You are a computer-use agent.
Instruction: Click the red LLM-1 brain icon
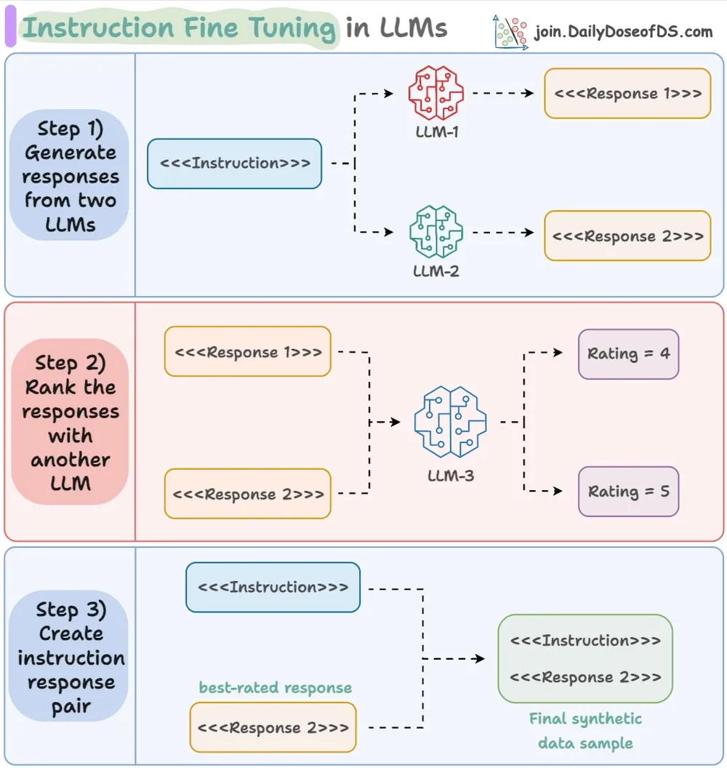click(435, 93)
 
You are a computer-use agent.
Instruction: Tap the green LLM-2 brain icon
click(435, 232)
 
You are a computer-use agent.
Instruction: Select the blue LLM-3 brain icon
click(450, 422)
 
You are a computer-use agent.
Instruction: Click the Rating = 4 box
click(628, 353)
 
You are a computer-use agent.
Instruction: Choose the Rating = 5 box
click(628, 491)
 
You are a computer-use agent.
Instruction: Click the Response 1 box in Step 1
click(627, 93)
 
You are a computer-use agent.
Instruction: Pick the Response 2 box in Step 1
click(627, 236)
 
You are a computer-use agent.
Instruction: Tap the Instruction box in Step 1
click(235, 164)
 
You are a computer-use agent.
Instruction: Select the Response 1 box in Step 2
click(248, 351)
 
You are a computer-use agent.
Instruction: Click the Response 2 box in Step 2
click(248, 493)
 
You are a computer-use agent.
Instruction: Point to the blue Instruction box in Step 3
click(273, 587)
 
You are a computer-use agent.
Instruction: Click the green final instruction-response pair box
click(585, 659)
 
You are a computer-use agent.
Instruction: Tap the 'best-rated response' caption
click(275, 688)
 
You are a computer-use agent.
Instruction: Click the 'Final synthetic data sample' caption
click(585, 731)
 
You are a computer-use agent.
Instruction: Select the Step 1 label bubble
click(69, 175)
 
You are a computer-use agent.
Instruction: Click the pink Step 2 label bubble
click(70, 422)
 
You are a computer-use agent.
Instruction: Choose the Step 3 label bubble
click(69, 656)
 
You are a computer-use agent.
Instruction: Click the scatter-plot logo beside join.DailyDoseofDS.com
click(510, 32)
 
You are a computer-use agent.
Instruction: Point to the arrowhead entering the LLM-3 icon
click(395, 422)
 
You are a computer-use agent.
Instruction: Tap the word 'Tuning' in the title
click(292, 28)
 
